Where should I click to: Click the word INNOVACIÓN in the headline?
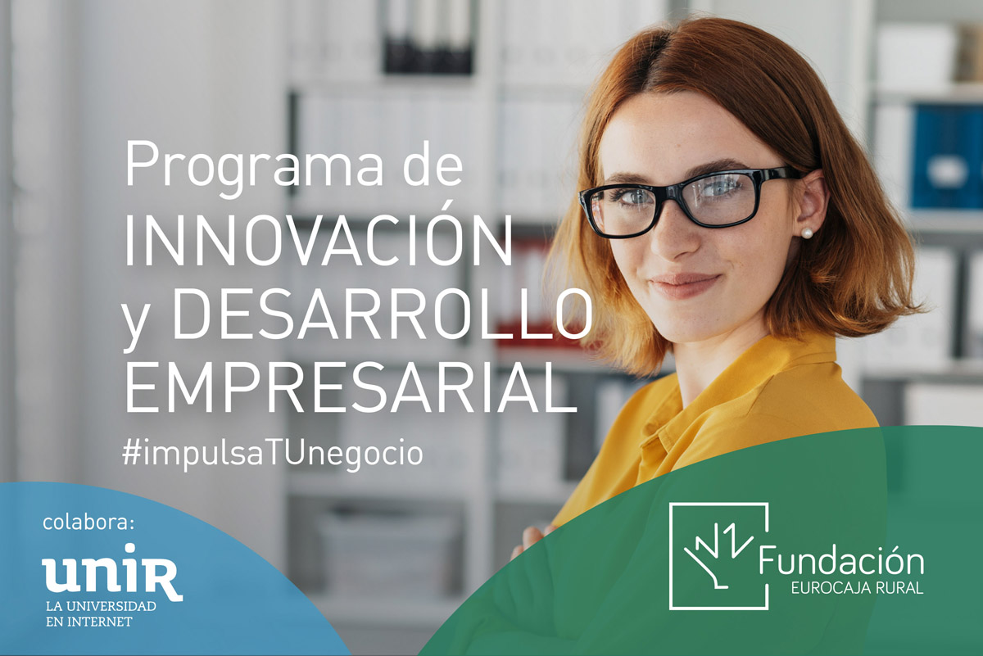point(319,241)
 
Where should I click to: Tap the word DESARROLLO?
point(382,314)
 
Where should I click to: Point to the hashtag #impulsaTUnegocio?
point(273,454)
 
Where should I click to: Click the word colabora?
point(88,523)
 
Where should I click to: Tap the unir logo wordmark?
point(112,572)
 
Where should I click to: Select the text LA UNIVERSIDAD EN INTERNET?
point(101,613)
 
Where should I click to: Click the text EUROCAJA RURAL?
point(857,587)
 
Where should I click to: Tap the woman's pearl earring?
point(807,233)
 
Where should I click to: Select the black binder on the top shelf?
point(428,38)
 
